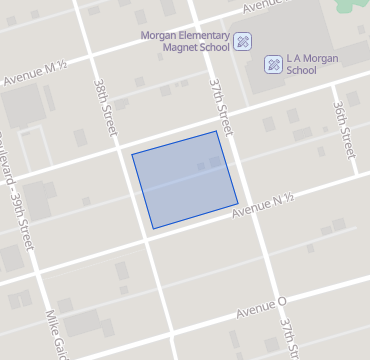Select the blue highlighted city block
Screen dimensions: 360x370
pos(185,180)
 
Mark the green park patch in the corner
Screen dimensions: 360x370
pos(356,5)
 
